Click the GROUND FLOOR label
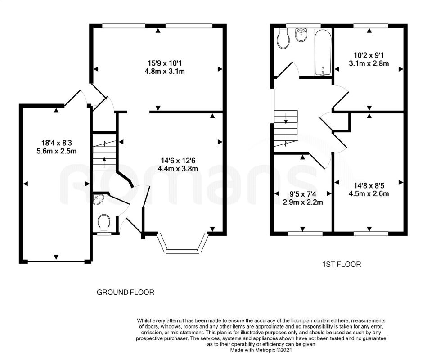[x=126, y=292]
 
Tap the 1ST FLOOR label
[x=342, y=265]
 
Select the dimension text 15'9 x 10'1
[x=165, y=63]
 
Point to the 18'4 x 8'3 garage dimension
[x=57, y=143]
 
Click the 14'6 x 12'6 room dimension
[x=178, y=160]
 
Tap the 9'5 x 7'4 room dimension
[x=303, y=194]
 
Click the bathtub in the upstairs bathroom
[x=323, y=52]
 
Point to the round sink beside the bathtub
[x=301, y=35]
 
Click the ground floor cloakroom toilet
[x=104, y=224]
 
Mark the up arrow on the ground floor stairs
[x=104, y=162]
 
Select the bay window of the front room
[x=183, y=244]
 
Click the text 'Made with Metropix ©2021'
[x=261, y=351]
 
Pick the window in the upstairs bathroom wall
[x=303, y=26]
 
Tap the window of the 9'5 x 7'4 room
[x=305, y=234]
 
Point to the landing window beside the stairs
[x=272, y=105]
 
